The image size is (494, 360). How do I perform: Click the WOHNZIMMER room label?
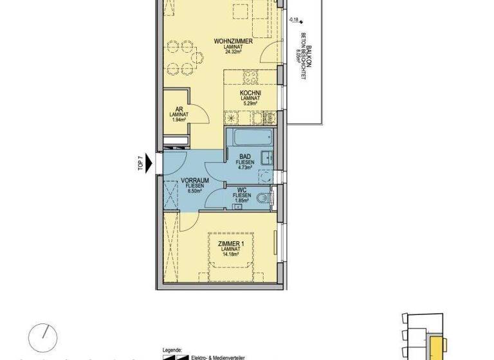(233, 41)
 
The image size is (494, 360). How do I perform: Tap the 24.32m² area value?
(233, 52)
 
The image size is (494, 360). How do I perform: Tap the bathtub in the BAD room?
(252, 138)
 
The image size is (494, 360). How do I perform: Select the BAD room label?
(245, 156)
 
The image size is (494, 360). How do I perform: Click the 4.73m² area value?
(245, 167)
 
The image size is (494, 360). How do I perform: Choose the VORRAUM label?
(193, 180)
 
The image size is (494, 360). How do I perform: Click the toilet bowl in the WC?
(263, 199)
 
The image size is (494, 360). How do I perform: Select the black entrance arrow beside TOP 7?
(152, 163)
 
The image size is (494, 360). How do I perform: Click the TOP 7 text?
(140, 163)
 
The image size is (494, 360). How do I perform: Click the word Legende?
(172, 345)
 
